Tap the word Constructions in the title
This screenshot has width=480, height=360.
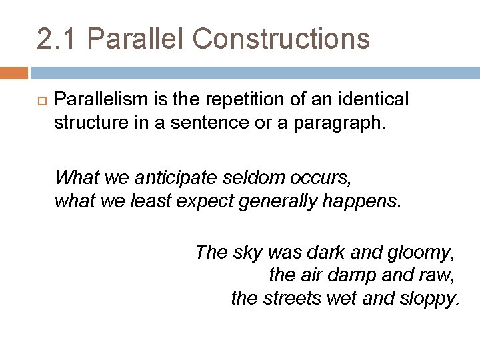tap(281, 39)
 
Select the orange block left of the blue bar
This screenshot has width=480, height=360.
tap(13, 72)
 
